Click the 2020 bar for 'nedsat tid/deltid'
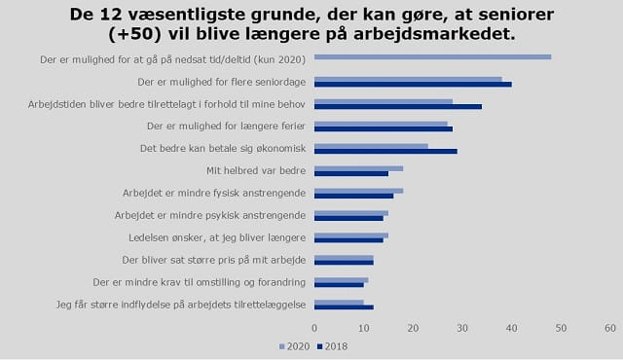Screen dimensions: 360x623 [x=432, y=56]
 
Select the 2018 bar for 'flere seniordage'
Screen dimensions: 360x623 [x=413, y=84]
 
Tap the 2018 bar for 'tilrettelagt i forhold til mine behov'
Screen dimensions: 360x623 [x=397, y=106]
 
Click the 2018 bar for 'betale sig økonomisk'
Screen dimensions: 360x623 [x=385, y=151]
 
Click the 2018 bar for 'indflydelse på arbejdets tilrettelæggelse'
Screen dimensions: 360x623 [x=344, y=307]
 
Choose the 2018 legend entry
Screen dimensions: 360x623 [x=335, y=344]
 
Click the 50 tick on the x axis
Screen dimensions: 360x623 [x=561, y=329]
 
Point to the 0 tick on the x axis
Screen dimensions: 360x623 [x=314, y=329]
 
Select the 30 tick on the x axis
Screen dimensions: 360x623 [x=462, y=329]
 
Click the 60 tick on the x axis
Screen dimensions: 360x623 [x=610, y=329]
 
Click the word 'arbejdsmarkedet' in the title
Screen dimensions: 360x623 [x=434, y=34]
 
